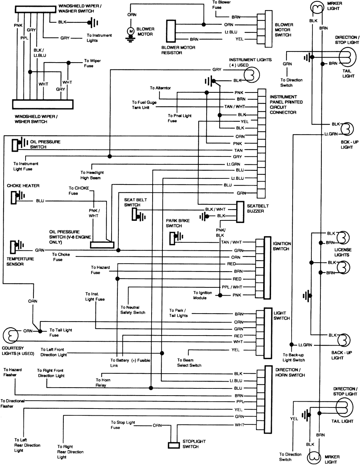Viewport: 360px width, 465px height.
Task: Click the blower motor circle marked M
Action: (x=131, y=31)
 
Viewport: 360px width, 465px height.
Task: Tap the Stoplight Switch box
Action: (x=174, y=445)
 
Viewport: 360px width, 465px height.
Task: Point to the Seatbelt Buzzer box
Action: (x=240, y=211)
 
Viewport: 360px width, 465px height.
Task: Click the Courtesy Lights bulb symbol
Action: (x=11, y=335)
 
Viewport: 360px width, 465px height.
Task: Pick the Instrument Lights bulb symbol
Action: (x=250, y=74)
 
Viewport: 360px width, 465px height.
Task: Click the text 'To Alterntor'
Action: (x=160, y=88)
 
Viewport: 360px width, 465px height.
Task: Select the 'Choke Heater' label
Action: (x=23, y=186)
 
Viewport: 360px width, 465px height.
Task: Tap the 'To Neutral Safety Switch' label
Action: (x=133, y=310)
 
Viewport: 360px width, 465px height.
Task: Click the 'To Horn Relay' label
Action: (x=103, y=382)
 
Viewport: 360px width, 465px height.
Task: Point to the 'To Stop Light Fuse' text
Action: (x=123, y=425)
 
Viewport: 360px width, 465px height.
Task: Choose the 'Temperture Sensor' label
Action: (x=20, y=261)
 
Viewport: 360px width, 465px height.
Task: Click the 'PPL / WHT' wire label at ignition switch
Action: (x=232, y=287)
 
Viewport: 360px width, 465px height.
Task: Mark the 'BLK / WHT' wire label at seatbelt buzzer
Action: (x=215, y=209)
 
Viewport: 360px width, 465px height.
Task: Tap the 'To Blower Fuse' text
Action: (x=221, y=5)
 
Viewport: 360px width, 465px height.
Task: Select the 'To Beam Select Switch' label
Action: (x=189, y=363)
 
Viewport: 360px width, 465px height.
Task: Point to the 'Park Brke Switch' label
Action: (x=177, y=223)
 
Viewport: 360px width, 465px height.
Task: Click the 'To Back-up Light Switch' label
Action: (x=293, y=357)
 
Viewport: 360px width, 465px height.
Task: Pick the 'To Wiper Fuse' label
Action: (x=92, y=63)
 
